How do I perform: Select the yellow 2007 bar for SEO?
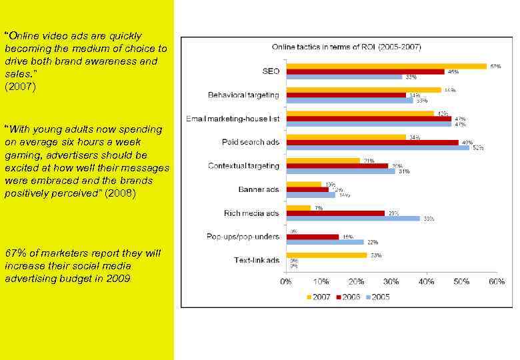pyautogui.click(x=386, y=66)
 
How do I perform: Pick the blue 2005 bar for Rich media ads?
pyautogui.click(x=353, y=219)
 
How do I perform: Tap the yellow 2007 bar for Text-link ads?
pyautogui.click(x=326, y=255)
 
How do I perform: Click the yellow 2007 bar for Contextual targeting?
pyautogui.click(x=323, y=161)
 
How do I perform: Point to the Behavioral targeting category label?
pyautogui.click(x=243, y=95)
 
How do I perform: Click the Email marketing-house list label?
pyautogui.click(x=234, y=119)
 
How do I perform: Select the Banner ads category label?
pyautogui.click(x=259, y=189)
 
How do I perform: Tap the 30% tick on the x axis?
pyautogui.click(x=391, y=282)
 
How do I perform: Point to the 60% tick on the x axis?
pyautogui.click(x=496, y=282)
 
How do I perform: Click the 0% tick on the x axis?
pyautogui.click(x=285, y=282)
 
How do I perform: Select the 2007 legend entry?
pyautogui.click(x=318, y=297)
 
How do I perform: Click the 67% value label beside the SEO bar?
pyautogui.click(x=495, y=66)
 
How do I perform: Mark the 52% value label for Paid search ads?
pyautogui.click(x=478, y=148)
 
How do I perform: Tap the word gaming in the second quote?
pyautogui.click(x=21, y=155)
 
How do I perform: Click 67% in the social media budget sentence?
pyautogui.click(x=14, y=253)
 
